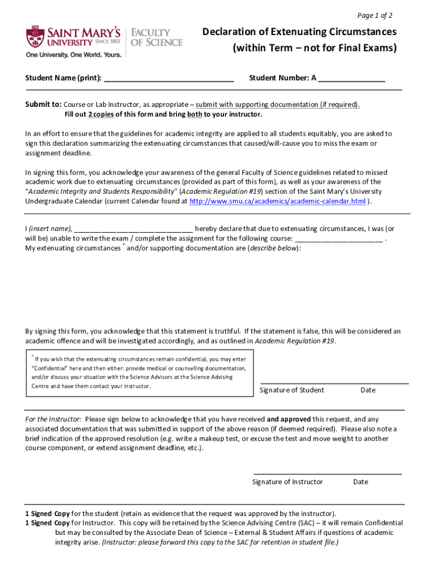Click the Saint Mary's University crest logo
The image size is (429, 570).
point(35,37)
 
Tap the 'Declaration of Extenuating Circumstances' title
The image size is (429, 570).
point(299,32)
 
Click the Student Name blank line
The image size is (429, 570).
point(168,78)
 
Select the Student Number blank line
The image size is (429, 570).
point(352,78)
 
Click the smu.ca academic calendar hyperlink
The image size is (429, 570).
point(277,202)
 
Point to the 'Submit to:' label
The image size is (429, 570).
point(43,105)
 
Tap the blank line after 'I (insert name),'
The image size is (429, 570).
point(133,229)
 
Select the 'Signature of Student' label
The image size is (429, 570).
point(292,390)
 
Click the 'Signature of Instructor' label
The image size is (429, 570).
point(287,482)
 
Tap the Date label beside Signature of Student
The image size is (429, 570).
point(368,390)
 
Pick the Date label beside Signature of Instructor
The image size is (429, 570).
point(360,482)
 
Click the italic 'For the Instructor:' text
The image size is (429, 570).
point(53,419)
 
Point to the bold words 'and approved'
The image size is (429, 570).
point(288,419)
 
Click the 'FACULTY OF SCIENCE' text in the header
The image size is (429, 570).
point(156,37)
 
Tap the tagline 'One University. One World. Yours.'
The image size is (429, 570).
point(73,55)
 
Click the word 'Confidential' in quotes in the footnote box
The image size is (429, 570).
point(49,368)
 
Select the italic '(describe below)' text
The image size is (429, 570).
point(274,248)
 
